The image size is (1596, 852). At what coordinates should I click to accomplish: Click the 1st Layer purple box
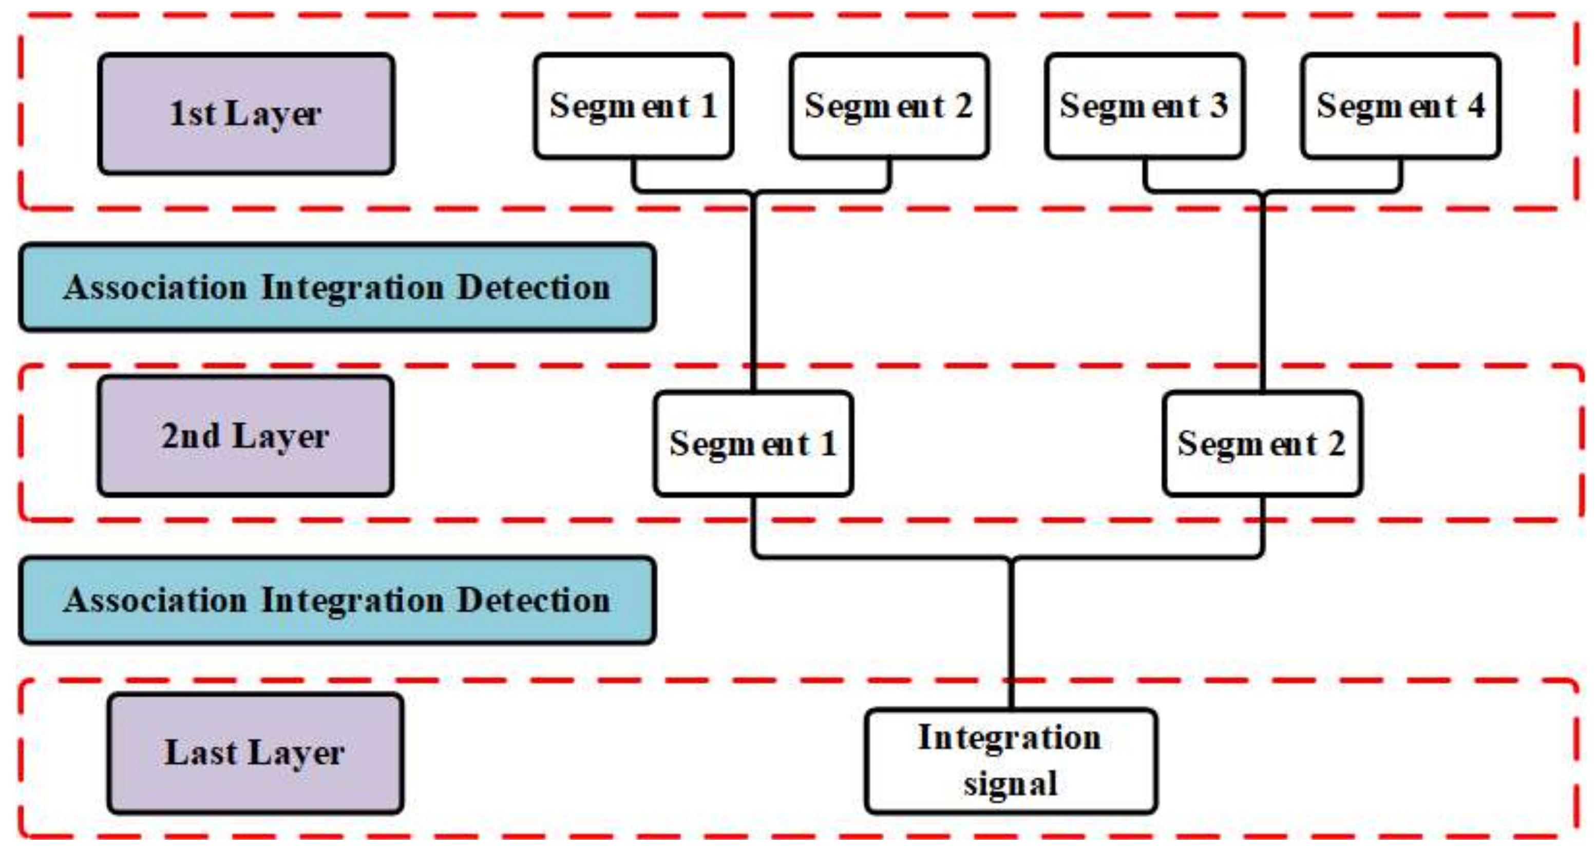246,113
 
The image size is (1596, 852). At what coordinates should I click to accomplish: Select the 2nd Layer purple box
245,436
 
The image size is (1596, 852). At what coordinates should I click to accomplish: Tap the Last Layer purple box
255,753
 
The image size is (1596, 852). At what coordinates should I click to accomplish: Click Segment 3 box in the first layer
1144,106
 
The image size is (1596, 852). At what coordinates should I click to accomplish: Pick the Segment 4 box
1400,106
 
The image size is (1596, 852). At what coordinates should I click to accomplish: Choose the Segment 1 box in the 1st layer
633,106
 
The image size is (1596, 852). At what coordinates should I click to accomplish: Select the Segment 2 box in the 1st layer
889,106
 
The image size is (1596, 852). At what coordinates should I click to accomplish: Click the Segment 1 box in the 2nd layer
753,443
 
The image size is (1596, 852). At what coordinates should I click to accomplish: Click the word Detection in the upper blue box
534,287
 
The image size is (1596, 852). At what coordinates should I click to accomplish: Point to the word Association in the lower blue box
156,600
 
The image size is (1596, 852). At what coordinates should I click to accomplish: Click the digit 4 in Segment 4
1476,105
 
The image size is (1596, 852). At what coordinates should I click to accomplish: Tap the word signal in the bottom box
1011,784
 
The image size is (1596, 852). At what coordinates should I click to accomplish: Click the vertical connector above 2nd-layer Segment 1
753,291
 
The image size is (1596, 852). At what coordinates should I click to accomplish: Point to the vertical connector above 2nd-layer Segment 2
1262,291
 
